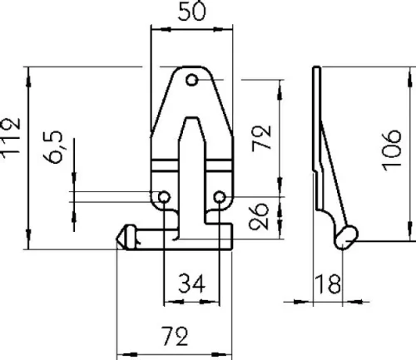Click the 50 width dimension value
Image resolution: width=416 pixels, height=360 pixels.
click(191, 12)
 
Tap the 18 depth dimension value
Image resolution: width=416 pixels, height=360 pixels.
click(329, 285)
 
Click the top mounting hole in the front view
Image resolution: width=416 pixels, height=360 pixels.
click(192, 80)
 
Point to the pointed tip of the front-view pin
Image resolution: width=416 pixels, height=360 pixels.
click(119, 236)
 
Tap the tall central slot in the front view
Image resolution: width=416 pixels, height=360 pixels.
click(192, 166)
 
